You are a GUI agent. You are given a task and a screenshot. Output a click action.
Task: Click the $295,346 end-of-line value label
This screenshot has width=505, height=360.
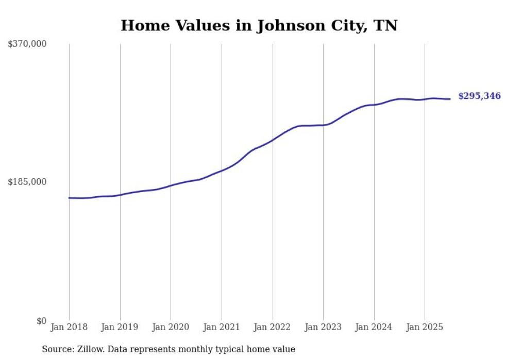(479, 96)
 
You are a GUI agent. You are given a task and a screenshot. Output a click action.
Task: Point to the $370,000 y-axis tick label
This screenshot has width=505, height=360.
(27, 44)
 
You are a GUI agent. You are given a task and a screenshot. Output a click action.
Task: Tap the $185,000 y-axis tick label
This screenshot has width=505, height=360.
(27, 182)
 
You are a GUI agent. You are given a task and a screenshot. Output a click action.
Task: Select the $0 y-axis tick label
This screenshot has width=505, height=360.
(41, 321)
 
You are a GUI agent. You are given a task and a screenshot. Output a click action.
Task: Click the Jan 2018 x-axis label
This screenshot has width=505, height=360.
(69, 327)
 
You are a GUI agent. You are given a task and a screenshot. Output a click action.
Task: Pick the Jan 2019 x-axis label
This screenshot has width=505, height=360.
(120, 327)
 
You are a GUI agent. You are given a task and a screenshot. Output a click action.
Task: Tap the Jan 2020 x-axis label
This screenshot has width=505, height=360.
(171, 327)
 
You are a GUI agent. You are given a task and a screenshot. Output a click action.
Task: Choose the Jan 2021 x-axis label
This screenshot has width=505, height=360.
(222, 327)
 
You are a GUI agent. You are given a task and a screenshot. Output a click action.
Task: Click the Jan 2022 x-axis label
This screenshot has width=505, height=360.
(273, 327)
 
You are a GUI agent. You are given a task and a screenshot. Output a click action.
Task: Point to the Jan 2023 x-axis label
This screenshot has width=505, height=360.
(323, 327)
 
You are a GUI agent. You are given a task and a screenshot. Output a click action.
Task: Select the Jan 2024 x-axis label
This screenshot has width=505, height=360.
(374, 327)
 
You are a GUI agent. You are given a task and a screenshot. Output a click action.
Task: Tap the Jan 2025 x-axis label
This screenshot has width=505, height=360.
(425, 327)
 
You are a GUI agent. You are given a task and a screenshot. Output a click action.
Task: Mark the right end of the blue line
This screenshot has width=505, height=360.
(450, 99)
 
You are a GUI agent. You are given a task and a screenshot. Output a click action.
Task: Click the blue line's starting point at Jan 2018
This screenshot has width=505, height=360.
(69, 198)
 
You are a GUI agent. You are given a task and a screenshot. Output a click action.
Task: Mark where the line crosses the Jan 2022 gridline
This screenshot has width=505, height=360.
(273, 140)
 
